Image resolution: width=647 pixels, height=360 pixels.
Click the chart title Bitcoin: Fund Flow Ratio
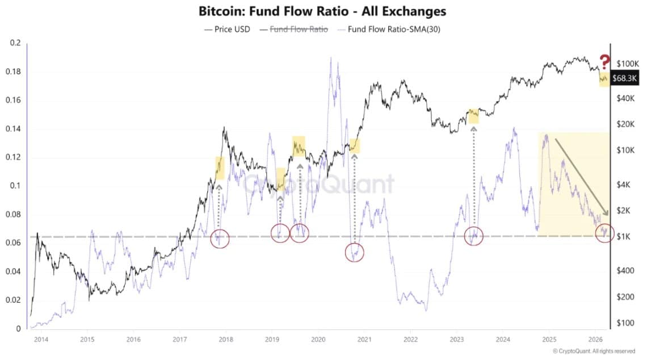[323, 11]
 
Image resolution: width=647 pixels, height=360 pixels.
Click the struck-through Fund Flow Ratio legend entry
[293, 29]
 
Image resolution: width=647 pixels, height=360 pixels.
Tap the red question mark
[605, 61]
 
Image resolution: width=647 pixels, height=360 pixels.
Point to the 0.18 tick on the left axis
[14, 72]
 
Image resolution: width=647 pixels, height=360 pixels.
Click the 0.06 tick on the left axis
[14, 243]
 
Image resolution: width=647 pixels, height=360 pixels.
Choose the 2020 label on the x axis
[317, 340]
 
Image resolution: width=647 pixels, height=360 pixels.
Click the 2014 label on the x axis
[40, 340]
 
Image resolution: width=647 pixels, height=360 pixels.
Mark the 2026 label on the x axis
[594, 340]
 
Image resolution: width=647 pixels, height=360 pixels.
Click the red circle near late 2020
[354, 252]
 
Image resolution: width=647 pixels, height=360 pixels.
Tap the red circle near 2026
[604, 233]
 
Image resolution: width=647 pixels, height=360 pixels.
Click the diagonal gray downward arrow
[582, 176]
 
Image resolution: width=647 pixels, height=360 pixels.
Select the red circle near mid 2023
[473, 236]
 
